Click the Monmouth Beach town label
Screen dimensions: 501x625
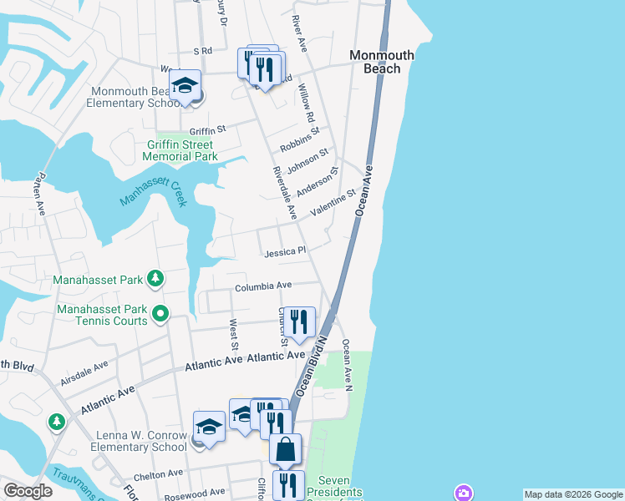381,62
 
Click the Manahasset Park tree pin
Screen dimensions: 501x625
155,277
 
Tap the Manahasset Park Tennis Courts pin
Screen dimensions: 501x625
161,315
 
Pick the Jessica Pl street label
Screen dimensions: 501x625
286,250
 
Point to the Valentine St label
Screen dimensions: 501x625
333,204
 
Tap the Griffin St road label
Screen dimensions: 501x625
208,130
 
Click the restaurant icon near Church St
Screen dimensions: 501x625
298,321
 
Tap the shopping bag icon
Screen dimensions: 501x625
285,449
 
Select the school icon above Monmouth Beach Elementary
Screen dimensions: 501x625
185,84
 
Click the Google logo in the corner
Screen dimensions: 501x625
27,491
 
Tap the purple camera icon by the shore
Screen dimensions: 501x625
463,493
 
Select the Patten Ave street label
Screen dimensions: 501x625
38,195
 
